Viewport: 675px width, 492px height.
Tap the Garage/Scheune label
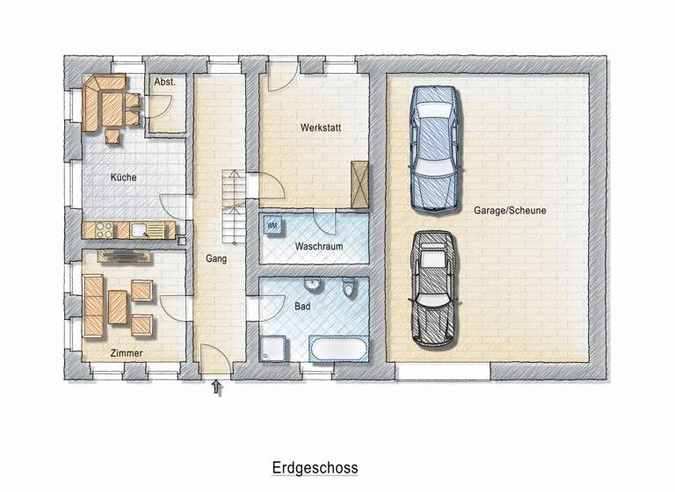(523, 211)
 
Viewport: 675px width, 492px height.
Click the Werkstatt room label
(319, 128)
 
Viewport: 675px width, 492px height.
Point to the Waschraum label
(318, 247)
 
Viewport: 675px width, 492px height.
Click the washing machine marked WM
(272, 226)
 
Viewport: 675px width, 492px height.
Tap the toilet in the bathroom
(350, 287)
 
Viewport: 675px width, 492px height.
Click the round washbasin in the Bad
(312, 286)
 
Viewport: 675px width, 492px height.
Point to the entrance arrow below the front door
(217, 387)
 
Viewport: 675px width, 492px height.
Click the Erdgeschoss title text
(315, 467)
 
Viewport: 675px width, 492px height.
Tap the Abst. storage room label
(164, 82)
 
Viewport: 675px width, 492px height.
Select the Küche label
(123, 177)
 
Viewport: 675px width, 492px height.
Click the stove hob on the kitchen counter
(102, 230)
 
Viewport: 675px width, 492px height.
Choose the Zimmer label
(127, 352)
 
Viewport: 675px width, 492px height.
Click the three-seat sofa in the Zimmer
(93, 305)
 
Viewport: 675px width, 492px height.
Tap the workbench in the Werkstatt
(359, 183)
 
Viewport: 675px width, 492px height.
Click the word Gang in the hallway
(216, 259)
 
